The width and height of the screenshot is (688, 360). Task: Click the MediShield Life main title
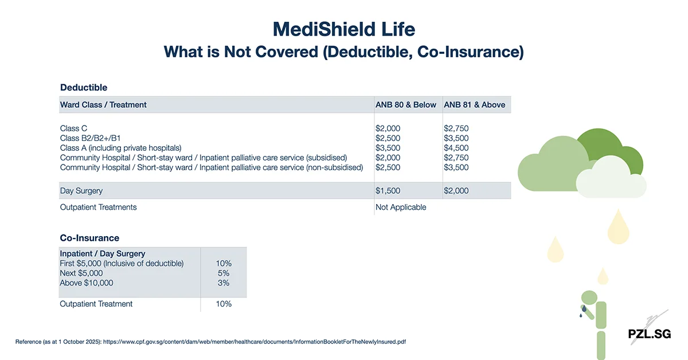[x=343, y=29]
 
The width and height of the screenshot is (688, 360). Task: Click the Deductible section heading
[x=84, y=88]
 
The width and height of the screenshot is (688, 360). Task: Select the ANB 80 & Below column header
[x=405, y=105]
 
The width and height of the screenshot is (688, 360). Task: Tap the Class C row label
[x=73, y=128]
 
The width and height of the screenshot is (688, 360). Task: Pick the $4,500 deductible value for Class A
[x=456, y=148]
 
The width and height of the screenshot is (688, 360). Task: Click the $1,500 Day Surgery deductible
[x=388, y=190]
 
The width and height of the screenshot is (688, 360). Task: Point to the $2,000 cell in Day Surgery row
[x=456, y=190]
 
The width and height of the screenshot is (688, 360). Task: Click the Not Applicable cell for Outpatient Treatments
[x=400, y=207]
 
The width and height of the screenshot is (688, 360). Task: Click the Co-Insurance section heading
[x=89, y=238]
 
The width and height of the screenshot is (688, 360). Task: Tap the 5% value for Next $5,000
[x=224, y=273]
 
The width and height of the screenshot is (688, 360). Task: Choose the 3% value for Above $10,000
[x=224, y=283]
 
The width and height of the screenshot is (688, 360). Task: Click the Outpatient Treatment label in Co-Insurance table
[x=96, y=304]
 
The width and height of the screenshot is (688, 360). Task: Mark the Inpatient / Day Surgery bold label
[x=102, y=253]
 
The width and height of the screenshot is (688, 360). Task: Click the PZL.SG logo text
[x=649, y=334]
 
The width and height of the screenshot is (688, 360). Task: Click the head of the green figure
[x=588, y=298]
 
